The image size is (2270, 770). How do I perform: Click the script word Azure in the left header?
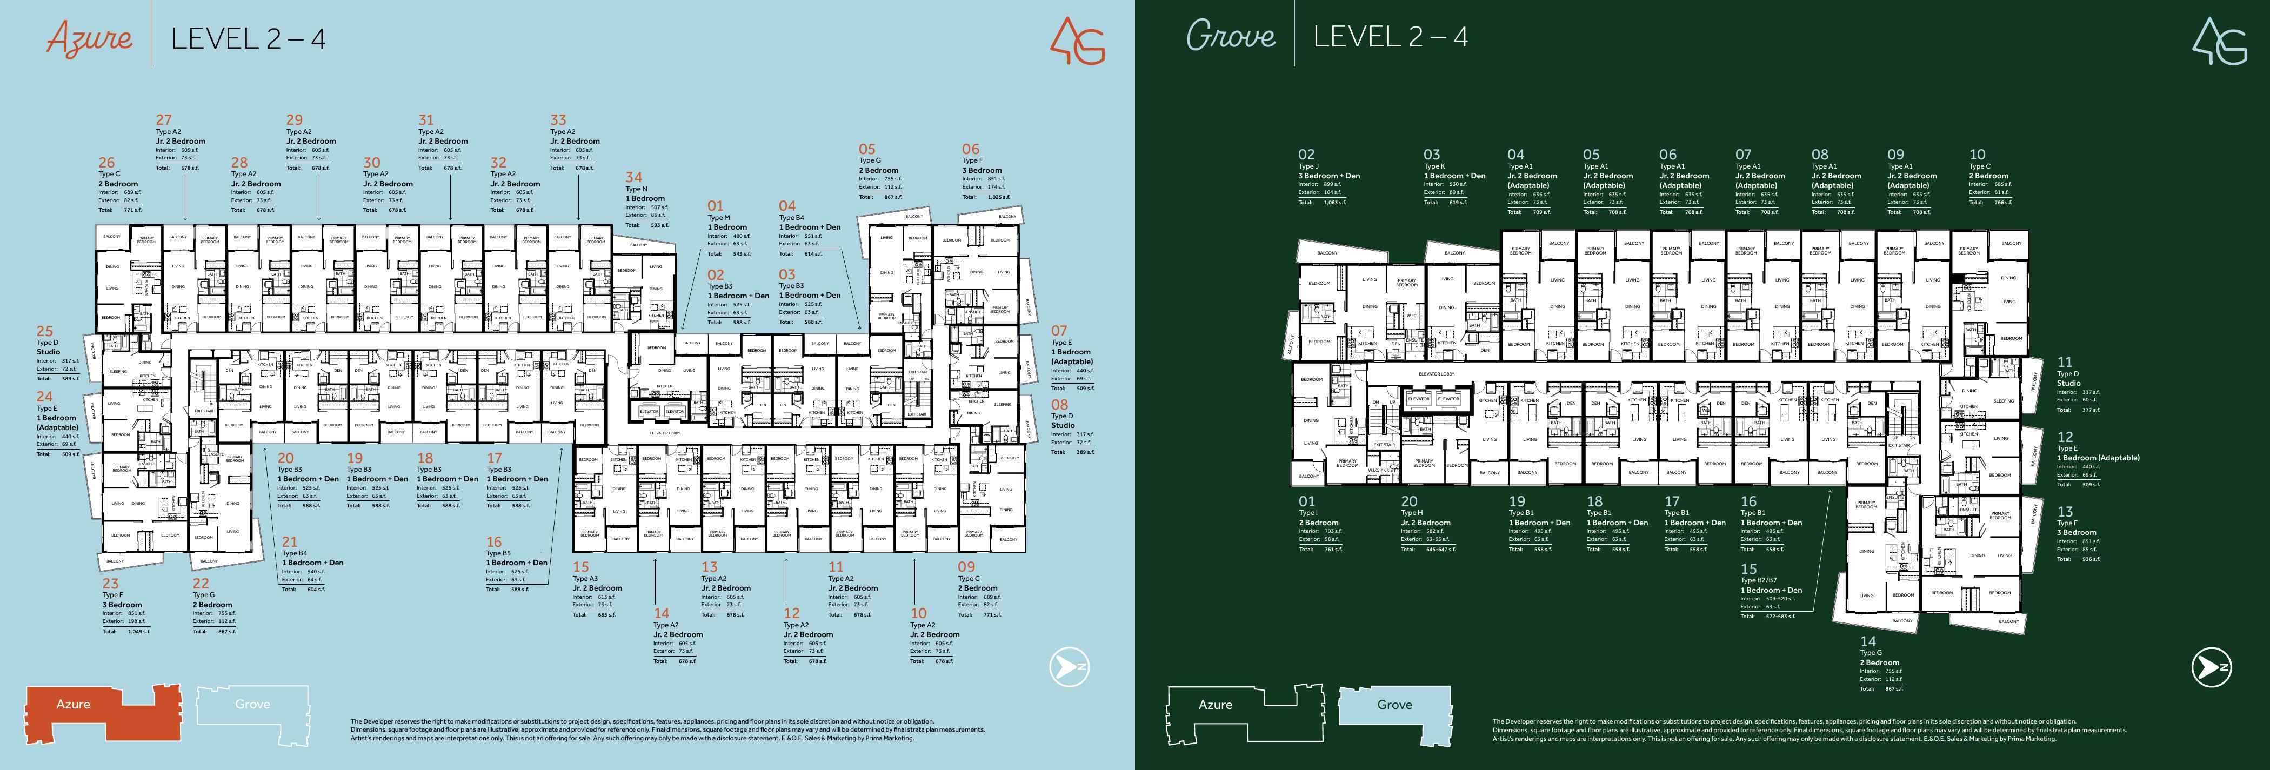point(89,39)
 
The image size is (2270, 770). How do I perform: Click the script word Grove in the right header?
point(1230,36)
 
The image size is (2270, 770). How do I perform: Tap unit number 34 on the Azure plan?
point(633,177)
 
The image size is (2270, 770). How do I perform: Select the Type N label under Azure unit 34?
point(636,190)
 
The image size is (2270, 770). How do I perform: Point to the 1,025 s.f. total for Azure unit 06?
point(998,197)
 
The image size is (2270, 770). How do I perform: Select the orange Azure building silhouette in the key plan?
point(102,712)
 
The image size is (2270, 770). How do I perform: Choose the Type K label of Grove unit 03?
point(1434,166)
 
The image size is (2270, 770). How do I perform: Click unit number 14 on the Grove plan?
point(1867,641)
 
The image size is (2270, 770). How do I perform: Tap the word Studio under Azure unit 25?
point(49,352)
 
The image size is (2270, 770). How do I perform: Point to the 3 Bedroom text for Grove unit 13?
point(2076,532)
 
